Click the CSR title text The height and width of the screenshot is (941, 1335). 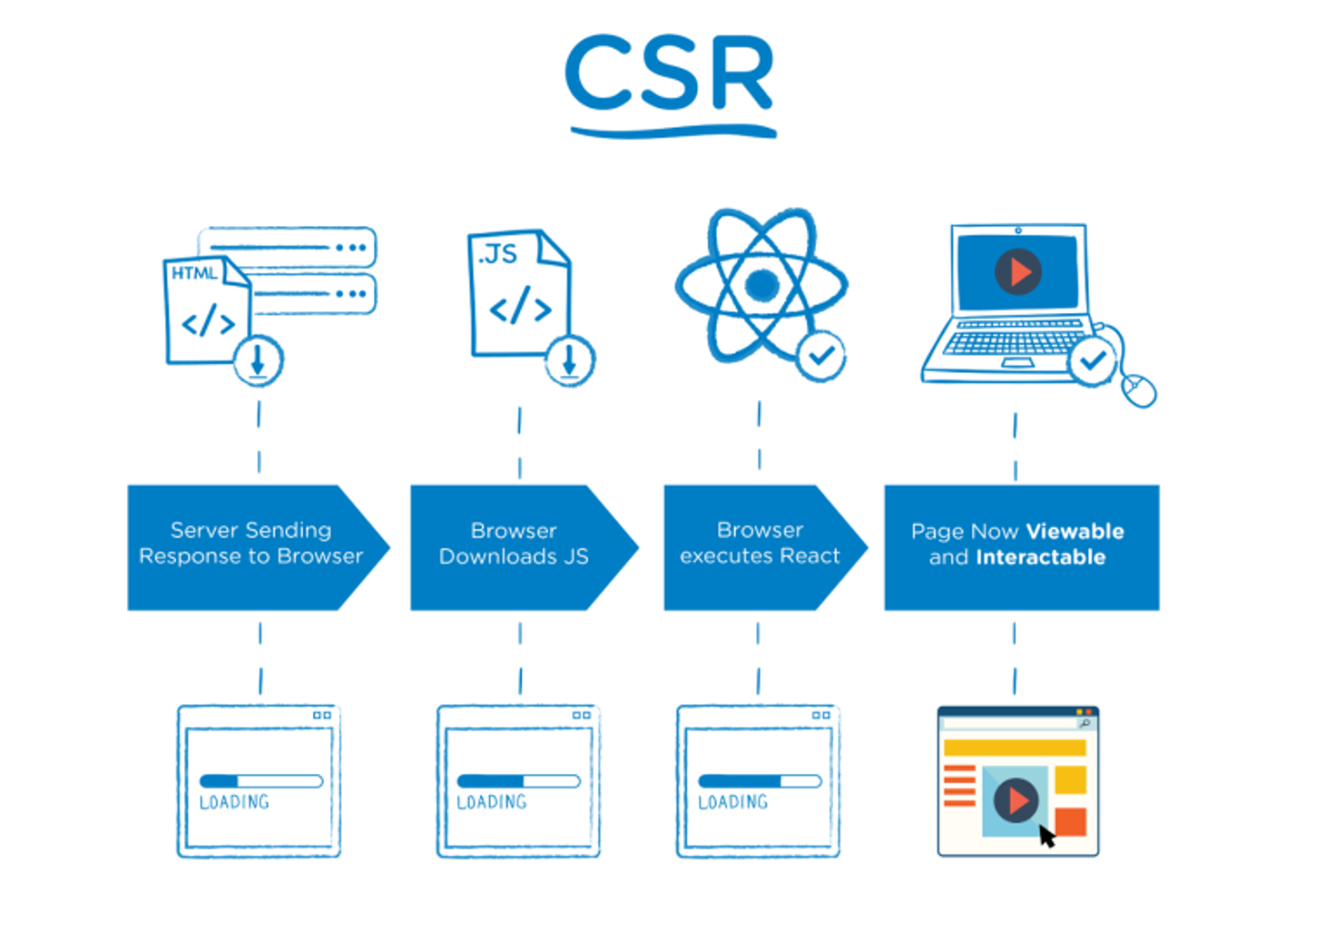669,75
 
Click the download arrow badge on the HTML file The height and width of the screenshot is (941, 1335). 258,360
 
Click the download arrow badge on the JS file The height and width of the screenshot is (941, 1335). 570,360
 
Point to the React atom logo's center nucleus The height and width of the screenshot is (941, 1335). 762,284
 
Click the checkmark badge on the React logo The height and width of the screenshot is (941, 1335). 820,355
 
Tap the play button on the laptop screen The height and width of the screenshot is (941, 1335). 1018,271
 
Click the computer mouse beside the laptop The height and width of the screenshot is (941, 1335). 1139,390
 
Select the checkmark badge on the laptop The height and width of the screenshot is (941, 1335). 1092,360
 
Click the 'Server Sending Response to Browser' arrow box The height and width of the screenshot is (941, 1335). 251,546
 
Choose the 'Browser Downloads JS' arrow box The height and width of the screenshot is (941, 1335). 515,546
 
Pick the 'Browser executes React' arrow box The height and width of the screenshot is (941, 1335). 759,546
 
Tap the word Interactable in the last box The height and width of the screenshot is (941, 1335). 1040,558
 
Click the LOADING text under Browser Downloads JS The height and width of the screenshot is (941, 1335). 492,802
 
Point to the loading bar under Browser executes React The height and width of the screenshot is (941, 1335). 759,781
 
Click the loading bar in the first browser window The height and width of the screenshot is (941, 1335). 260,781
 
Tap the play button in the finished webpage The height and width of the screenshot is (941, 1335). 1016,800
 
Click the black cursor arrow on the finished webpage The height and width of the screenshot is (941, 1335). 1046,836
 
